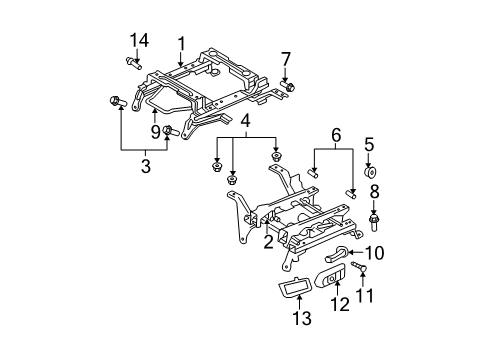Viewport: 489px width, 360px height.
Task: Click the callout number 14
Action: tap(137, 41)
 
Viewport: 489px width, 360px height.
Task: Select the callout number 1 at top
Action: tap(181, 42)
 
